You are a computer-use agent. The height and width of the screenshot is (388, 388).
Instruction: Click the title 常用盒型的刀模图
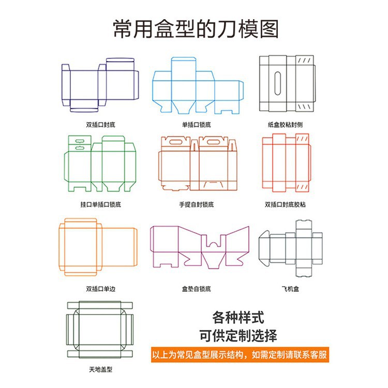pyautogui.click(x=196, y=29)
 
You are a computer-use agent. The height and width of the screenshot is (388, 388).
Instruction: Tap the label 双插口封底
pyautogui.click(x=100, y=125)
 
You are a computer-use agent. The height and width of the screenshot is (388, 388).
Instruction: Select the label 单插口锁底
pyautogui.click(x=197, y=125)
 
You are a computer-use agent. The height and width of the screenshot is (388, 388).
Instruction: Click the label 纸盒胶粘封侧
pyautogui.click(x=285, y=125)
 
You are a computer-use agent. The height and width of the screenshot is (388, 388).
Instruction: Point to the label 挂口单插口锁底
pyautogui.click(x=100, y=204)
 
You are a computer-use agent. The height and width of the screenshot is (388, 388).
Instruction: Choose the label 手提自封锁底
pyautogui.click(x=197, y=204)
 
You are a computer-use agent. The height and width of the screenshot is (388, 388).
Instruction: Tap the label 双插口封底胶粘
pyautogui.click(x=285, y=204)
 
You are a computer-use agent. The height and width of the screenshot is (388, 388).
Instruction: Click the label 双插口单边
pyautogui.click(x=100, y=289)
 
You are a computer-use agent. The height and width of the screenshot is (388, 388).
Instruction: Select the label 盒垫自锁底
pyautogui.click(x=197, y=289)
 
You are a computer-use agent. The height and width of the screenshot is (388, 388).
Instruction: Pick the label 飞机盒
pyautogui.click(x=290, y=289)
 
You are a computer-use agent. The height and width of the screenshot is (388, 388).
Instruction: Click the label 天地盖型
pyautogui.click(x=100, y=369)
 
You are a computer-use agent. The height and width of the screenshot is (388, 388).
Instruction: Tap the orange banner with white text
pyautogui.click(x=240, y=354)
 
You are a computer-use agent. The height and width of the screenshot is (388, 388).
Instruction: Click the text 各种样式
pyautogui.click(x=238, y=318)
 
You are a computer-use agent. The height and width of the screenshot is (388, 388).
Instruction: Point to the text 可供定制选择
pyautogui.click(x=238, y=336)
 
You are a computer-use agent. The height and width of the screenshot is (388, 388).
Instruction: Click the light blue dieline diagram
pyautogui.click(x=198, y=85)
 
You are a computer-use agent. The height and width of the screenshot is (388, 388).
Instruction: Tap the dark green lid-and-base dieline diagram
pyautogui.click(x=100, y=330)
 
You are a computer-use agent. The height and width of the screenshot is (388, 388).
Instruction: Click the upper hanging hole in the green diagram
pyautogui.click(x=80, y=142)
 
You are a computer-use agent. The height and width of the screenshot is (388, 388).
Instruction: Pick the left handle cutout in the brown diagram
pyautogui.click(x=175, y=142)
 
